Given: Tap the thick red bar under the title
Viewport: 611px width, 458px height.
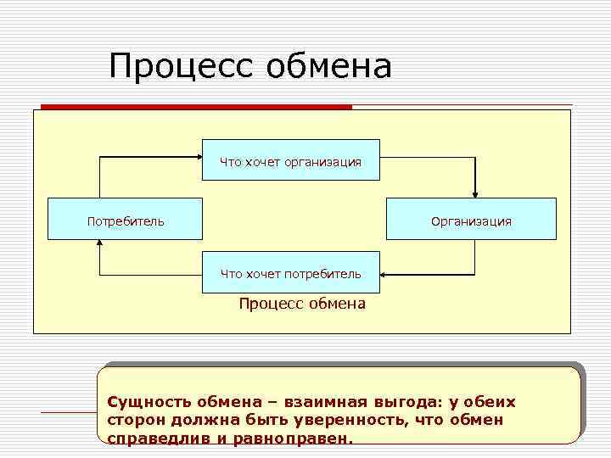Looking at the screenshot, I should click(x=196, y=107).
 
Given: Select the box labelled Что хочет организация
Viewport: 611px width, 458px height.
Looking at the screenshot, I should click(x=290, y=160).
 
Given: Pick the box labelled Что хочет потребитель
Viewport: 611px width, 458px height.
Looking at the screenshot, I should click(x=290, y=273).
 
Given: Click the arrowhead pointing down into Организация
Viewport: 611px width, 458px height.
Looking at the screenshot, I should click(x=475, y=193).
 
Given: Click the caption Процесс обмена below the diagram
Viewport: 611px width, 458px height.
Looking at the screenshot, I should click(x=302, y=304).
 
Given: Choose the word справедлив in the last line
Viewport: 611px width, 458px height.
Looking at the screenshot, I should click(x=155, y=439).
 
